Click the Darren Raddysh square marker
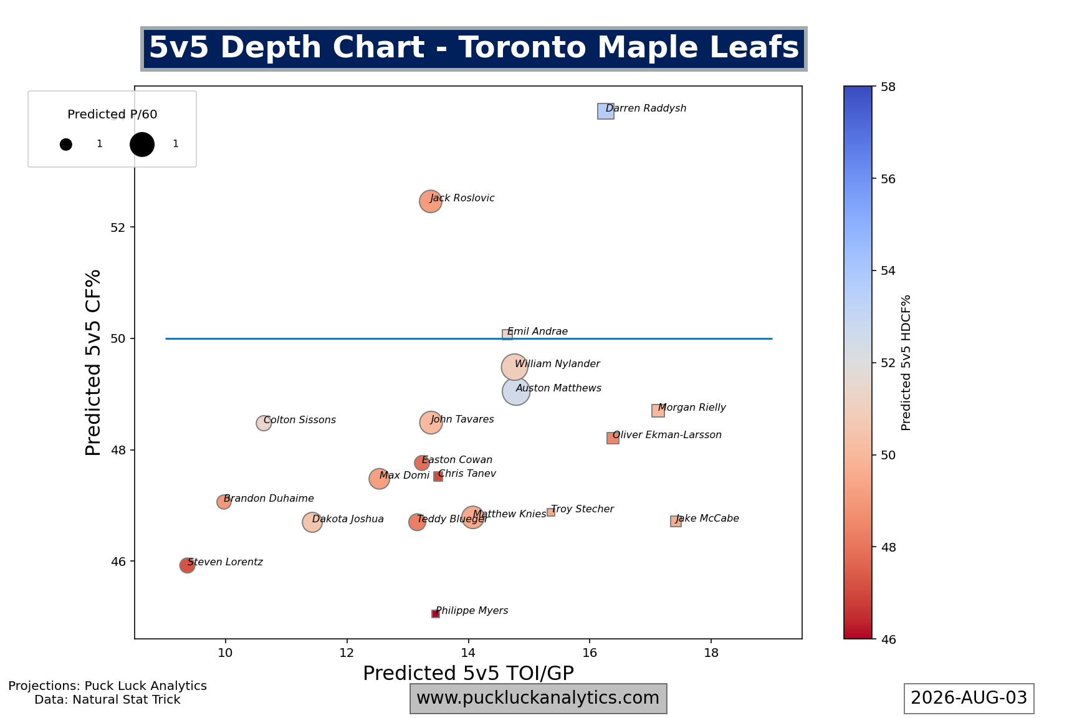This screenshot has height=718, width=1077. pos(605,111)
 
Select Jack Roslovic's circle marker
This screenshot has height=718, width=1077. pos(430,201)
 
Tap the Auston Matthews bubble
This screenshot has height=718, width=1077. pos(515,391)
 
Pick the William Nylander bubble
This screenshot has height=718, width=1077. pos(514,368)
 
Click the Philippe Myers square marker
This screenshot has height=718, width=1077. pos(435,614)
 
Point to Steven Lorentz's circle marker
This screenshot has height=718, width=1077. pos(187,565)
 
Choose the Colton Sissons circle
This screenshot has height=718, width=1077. pos(264,423)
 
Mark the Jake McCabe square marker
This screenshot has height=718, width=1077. pos(676,521)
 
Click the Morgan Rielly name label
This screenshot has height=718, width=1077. pos(692,408)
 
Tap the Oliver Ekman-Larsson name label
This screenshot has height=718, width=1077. pos(667,435)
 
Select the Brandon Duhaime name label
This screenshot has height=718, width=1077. pos(269,499)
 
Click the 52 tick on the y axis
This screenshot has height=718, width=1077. pos(118,227)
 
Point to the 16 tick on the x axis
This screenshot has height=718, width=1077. pos(590,653)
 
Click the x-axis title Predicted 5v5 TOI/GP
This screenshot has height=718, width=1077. pos(468,673)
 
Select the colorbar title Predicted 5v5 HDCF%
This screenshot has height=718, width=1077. pos(906,363)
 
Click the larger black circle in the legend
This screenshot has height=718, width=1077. pos(142,144)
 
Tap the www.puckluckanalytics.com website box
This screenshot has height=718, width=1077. pos(538,698)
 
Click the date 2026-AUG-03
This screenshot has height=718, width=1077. pos(969,698)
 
